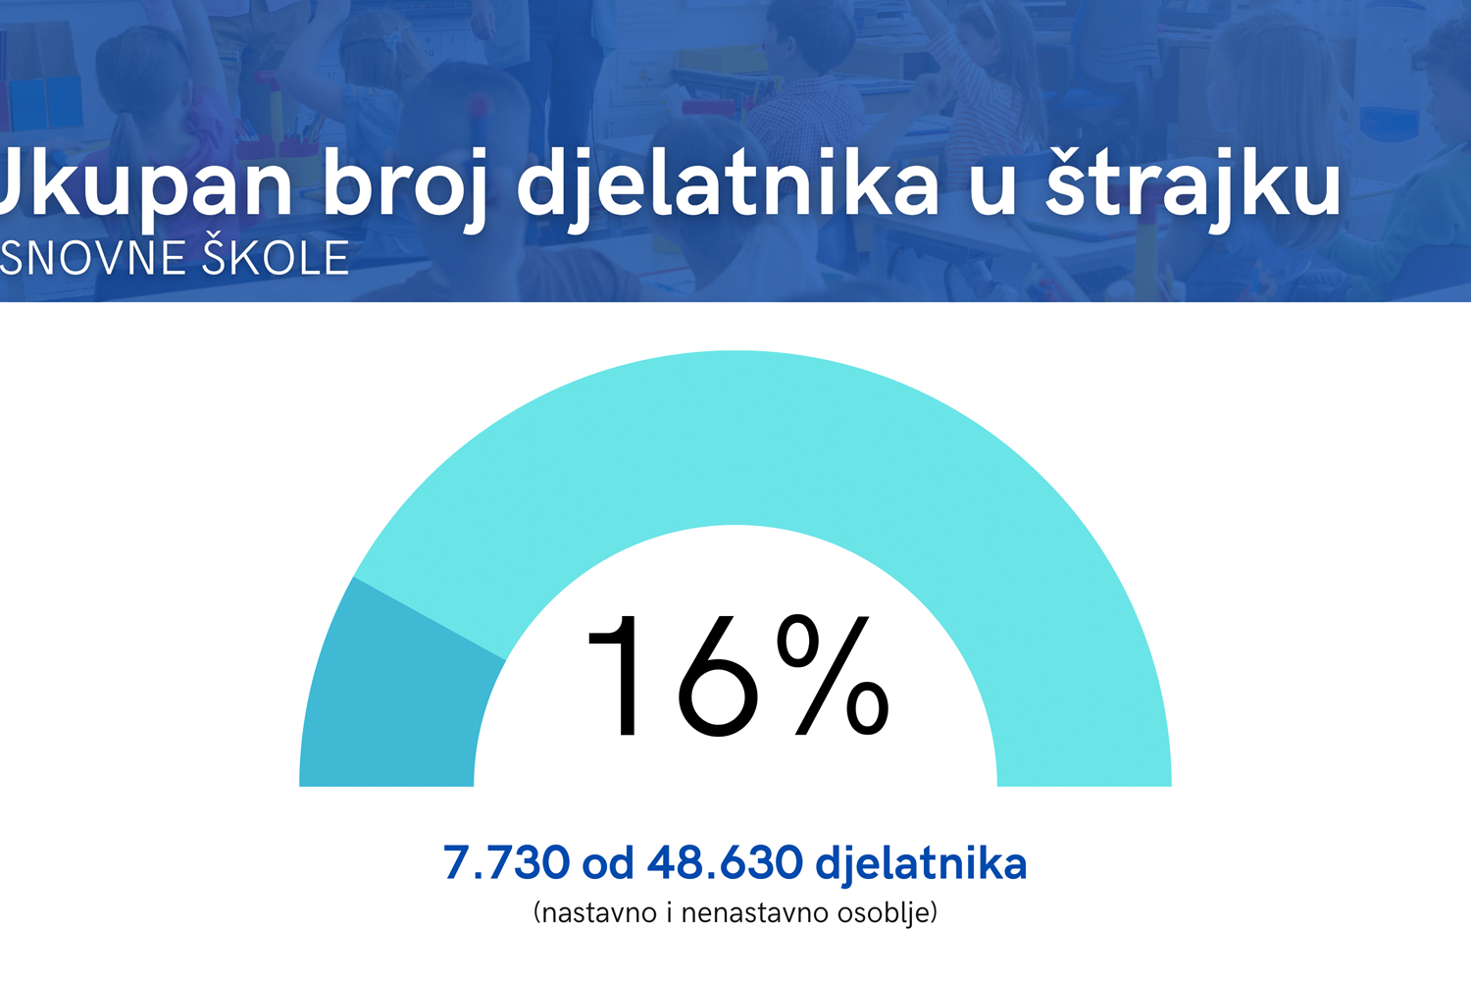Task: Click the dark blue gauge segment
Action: click(394, 697)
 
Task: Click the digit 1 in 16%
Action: click(617, 676)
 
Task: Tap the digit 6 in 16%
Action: click(717, 676)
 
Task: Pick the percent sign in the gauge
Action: click(833, 676)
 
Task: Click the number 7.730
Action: click(506, 862)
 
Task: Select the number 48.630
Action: click(725, 862)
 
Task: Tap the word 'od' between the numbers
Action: click(608, 862)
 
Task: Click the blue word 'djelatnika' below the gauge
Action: click(921, 864)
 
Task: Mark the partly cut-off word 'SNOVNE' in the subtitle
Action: click(92, 258)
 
